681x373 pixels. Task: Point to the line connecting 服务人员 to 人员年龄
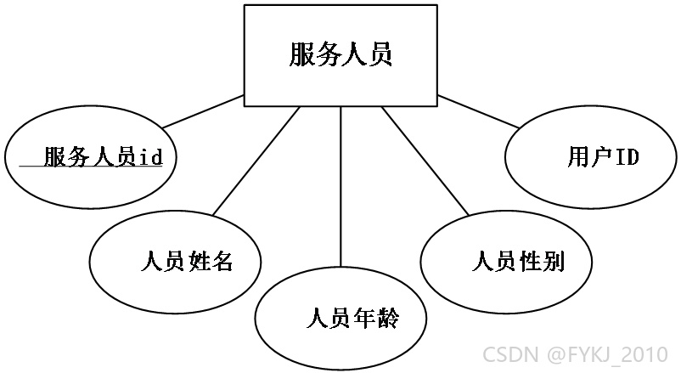pos(340,187)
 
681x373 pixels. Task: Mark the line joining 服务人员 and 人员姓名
pos(256,161)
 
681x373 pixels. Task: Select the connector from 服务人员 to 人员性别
pos(425,161)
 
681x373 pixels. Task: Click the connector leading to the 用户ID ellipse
pos(478,111)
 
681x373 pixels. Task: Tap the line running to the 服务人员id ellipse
pos(203,111)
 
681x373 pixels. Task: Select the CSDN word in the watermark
pos(510,354)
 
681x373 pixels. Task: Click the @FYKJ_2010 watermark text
pos(607,354)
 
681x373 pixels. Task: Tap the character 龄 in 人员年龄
pos(386,319)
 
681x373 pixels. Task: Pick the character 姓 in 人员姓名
pos(199,262)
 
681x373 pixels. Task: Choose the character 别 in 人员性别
pos(553,262)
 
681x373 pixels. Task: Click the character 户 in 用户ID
pos(603,156)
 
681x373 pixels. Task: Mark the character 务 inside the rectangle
pos(328,54)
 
